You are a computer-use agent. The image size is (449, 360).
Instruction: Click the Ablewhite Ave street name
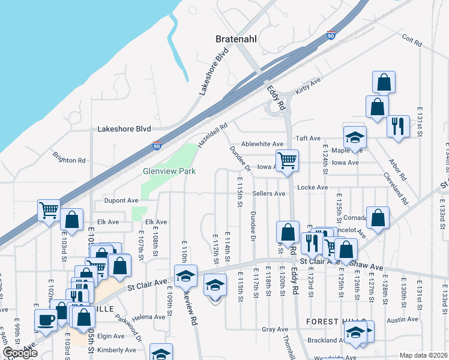[x=262, y=144]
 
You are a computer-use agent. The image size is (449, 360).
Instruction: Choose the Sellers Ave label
[x=268, y=194]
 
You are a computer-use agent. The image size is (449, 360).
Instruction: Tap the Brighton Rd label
[x=68, y=160]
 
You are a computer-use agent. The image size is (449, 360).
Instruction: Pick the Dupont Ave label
[x=121, y=200]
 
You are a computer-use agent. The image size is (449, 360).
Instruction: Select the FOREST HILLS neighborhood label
[x=332, y=322]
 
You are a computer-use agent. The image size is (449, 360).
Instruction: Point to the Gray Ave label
[x=275, y=329]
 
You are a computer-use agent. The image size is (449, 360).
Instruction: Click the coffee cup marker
[x=46, y=319]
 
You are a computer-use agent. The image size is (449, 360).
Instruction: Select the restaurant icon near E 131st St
[x=398, y=126]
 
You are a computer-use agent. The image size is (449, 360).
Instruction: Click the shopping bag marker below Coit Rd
[x=384, y=82]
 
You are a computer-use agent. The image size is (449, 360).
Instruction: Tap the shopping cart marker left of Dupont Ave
[x=49, y=210]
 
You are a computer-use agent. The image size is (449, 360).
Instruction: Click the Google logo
[x=20, y=353]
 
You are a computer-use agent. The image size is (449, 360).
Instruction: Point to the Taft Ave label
[x=307, y=138]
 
